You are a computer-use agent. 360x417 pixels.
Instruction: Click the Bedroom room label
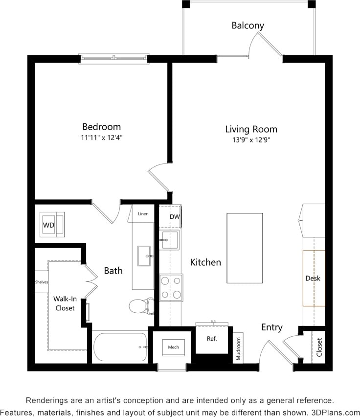tap(101, 127)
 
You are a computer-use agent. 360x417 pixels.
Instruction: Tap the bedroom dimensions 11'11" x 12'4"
tap(101, 138)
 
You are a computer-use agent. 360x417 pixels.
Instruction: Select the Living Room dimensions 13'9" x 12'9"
tap(251, 140)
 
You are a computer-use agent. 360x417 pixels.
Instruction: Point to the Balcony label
tap(247, 25)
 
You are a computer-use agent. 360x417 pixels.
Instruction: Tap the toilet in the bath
tap(141, 306)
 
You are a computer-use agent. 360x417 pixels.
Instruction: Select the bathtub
tap(120, 347)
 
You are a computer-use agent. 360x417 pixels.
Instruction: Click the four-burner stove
tap(171, 287)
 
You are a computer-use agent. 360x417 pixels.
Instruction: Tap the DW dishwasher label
tap(174, 217)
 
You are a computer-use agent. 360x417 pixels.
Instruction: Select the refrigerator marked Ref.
tap(212, 339)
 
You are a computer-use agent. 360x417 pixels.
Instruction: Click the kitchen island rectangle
tap(245, 248)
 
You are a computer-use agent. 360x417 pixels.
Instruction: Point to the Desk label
tap(313, 278)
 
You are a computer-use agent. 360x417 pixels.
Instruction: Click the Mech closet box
tap(173, 347)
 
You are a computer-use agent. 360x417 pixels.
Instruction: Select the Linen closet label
tap(143, 214)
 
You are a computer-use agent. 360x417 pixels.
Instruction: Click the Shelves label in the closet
tap(42, 282)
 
